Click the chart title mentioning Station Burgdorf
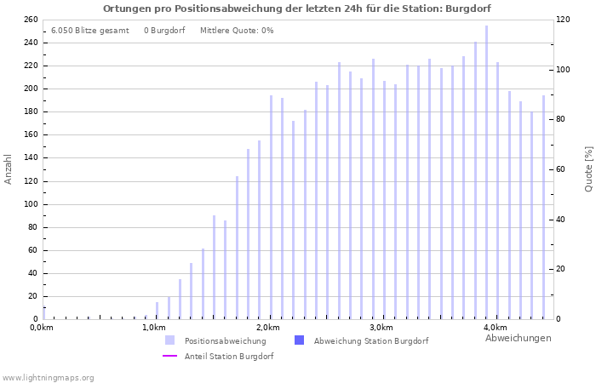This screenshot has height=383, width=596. coord(297,9)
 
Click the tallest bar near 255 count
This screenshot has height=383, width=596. coord(486,170)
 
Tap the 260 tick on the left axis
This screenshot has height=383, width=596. coord(30,20)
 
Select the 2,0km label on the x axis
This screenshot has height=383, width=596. coord(268,328)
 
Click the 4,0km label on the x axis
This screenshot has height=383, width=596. coord(495,328)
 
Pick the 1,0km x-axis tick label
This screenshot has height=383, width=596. coord(154,328)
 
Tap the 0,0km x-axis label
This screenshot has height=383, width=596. coord(41,328)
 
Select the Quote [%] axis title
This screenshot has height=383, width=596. coord(588,169)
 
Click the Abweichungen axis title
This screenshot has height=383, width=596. coord(518,338)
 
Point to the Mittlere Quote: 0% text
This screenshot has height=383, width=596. coord(237,31)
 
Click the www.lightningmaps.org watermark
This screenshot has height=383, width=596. coord(48,377)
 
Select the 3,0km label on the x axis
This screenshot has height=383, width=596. coord(381,328)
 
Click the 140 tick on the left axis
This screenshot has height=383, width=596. coord(30,158)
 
